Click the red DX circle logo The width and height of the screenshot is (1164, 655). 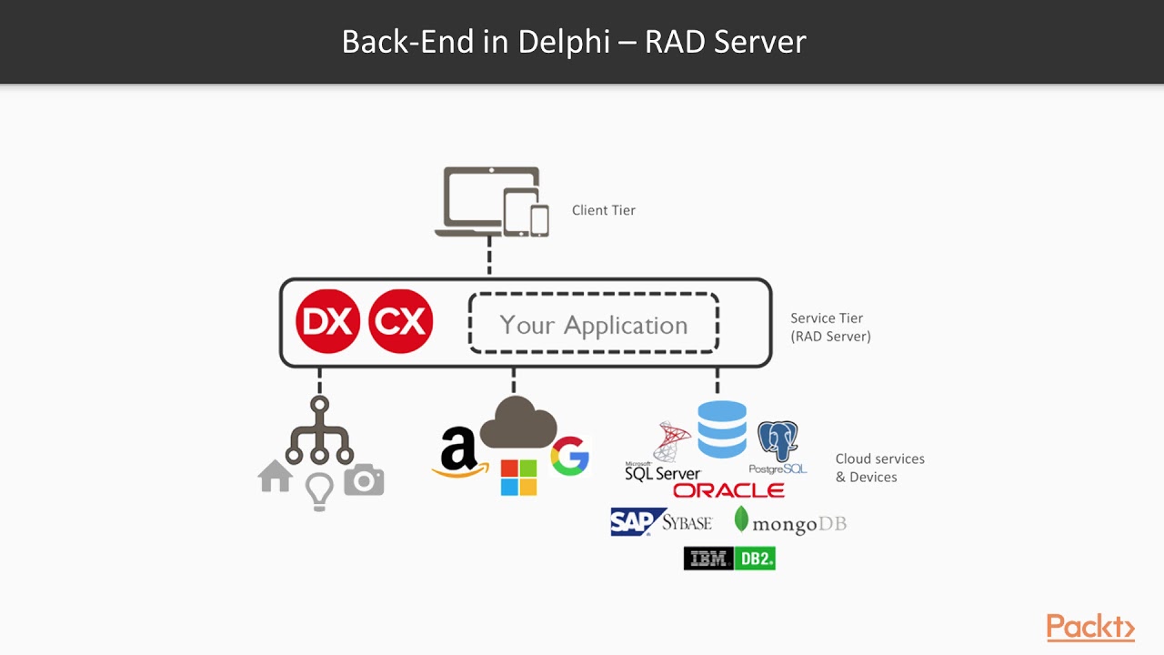pyautogui.click(x=327, y=322)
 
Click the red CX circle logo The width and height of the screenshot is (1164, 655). pyautogui.click(x=400, y=322)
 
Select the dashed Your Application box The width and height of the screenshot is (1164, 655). pyautogui.click(x=594, y=324)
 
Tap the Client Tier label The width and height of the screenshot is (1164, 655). pyautogui.click(x=603, y=210)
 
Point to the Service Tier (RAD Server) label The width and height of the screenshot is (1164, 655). pyautogui.click(x=829, y=327)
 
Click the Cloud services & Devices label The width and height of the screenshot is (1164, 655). pyautogui.click(x=879, y=468)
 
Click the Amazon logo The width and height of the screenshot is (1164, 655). pyautogui.click(x=459, y=452)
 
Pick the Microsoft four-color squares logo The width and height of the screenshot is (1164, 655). pyautogui.click(x=519, y=478)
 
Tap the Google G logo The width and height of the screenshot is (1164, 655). pyautogui.click(x=570, y=457)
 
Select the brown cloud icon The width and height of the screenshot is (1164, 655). pyautogui.click(x=518, y=423)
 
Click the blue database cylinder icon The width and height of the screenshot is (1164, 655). pyautogui.click(x=722, y=428)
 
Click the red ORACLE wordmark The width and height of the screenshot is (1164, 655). pyautogui.click(x=728, y=491)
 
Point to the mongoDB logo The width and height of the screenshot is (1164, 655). pyautogui.click(x=789, y=522)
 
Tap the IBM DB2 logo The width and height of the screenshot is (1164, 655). pyautogui.click(x=729, y=559)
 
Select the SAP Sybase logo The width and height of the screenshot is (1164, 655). pyautogui.click(x=661, y=522)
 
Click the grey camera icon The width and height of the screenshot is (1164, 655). pyautogui.click(x=364, y=479)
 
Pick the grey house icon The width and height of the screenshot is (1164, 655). pyautogui.click(x=276, y=476)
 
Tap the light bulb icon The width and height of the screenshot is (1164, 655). pyautogui.click(x=319, y=491)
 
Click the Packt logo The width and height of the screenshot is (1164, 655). pyautogui.click(x=1090, y=628)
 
